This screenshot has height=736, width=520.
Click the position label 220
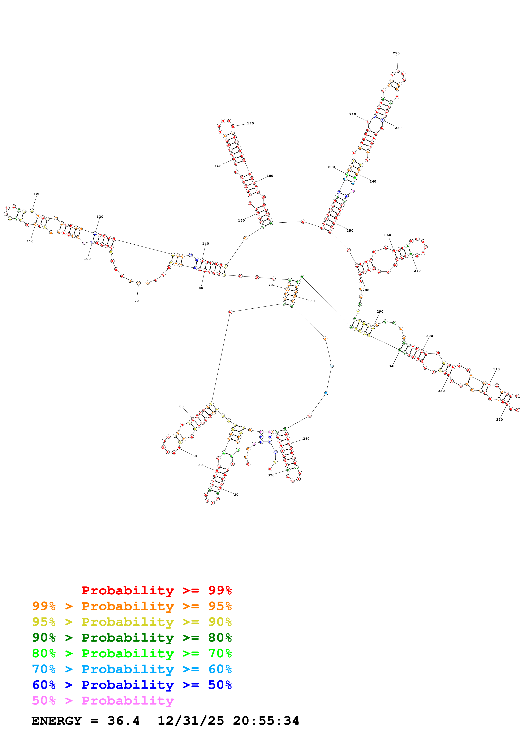[396, 53]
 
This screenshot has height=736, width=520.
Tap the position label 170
[250, 123]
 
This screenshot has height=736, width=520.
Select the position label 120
[37, 194]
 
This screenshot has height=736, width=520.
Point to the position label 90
[137, 301]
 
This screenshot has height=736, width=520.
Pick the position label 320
[499, 419]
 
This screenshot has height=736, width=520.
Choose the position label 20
[236, 495]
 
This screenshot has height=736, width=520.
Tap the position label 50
[194, 456]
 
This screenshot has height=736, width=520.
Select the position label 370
[271, 475]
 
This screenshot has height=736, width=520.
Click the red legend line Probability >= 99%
[156, 590]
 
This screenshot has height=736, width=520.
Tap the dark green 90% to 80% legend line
[132, 638]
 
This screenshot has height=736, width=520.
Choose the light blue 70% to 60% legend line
[132, 669]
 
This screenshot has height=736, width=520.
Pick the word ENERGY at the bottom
[56, 721]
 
